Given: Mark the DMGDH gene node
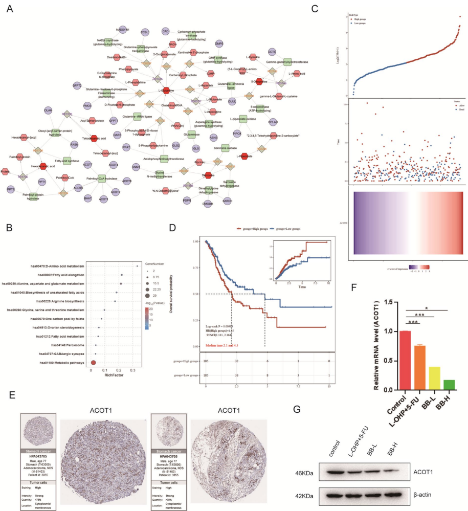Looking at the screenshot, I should [207, 203].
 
